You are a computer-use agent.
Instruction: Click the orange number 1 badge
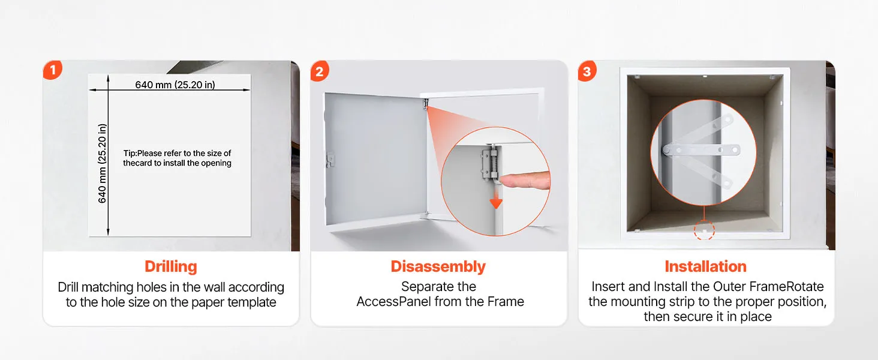coord(53,70)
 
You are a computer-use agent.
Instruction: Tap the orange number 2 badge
coord(320,71)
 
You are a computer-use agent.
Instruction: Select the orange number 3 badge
coord(587,71)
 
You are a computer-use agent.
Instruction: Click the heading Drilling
coord(171,266)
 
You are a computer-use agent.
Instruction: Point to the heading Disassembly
coord(438,266)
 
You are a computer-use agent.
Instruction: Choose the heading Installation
coord(705,266)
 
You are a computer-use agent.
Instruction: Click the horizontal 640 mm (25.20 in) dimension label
coord(175,85)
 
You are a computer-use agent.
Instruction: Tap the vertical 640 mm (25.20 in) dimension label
coord(103,164)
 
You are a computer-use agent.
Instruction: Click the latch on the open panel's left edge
coord(330,159)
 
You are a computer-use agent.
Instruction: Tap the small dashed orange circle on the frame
coord(704,230)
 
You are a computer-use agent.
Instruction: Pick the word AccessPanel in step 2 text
coord(393,302)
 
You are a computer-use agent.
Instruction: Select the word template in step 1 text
coord(252,302)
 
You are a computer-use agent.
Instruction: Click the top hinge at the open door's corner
coord(425,104)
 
